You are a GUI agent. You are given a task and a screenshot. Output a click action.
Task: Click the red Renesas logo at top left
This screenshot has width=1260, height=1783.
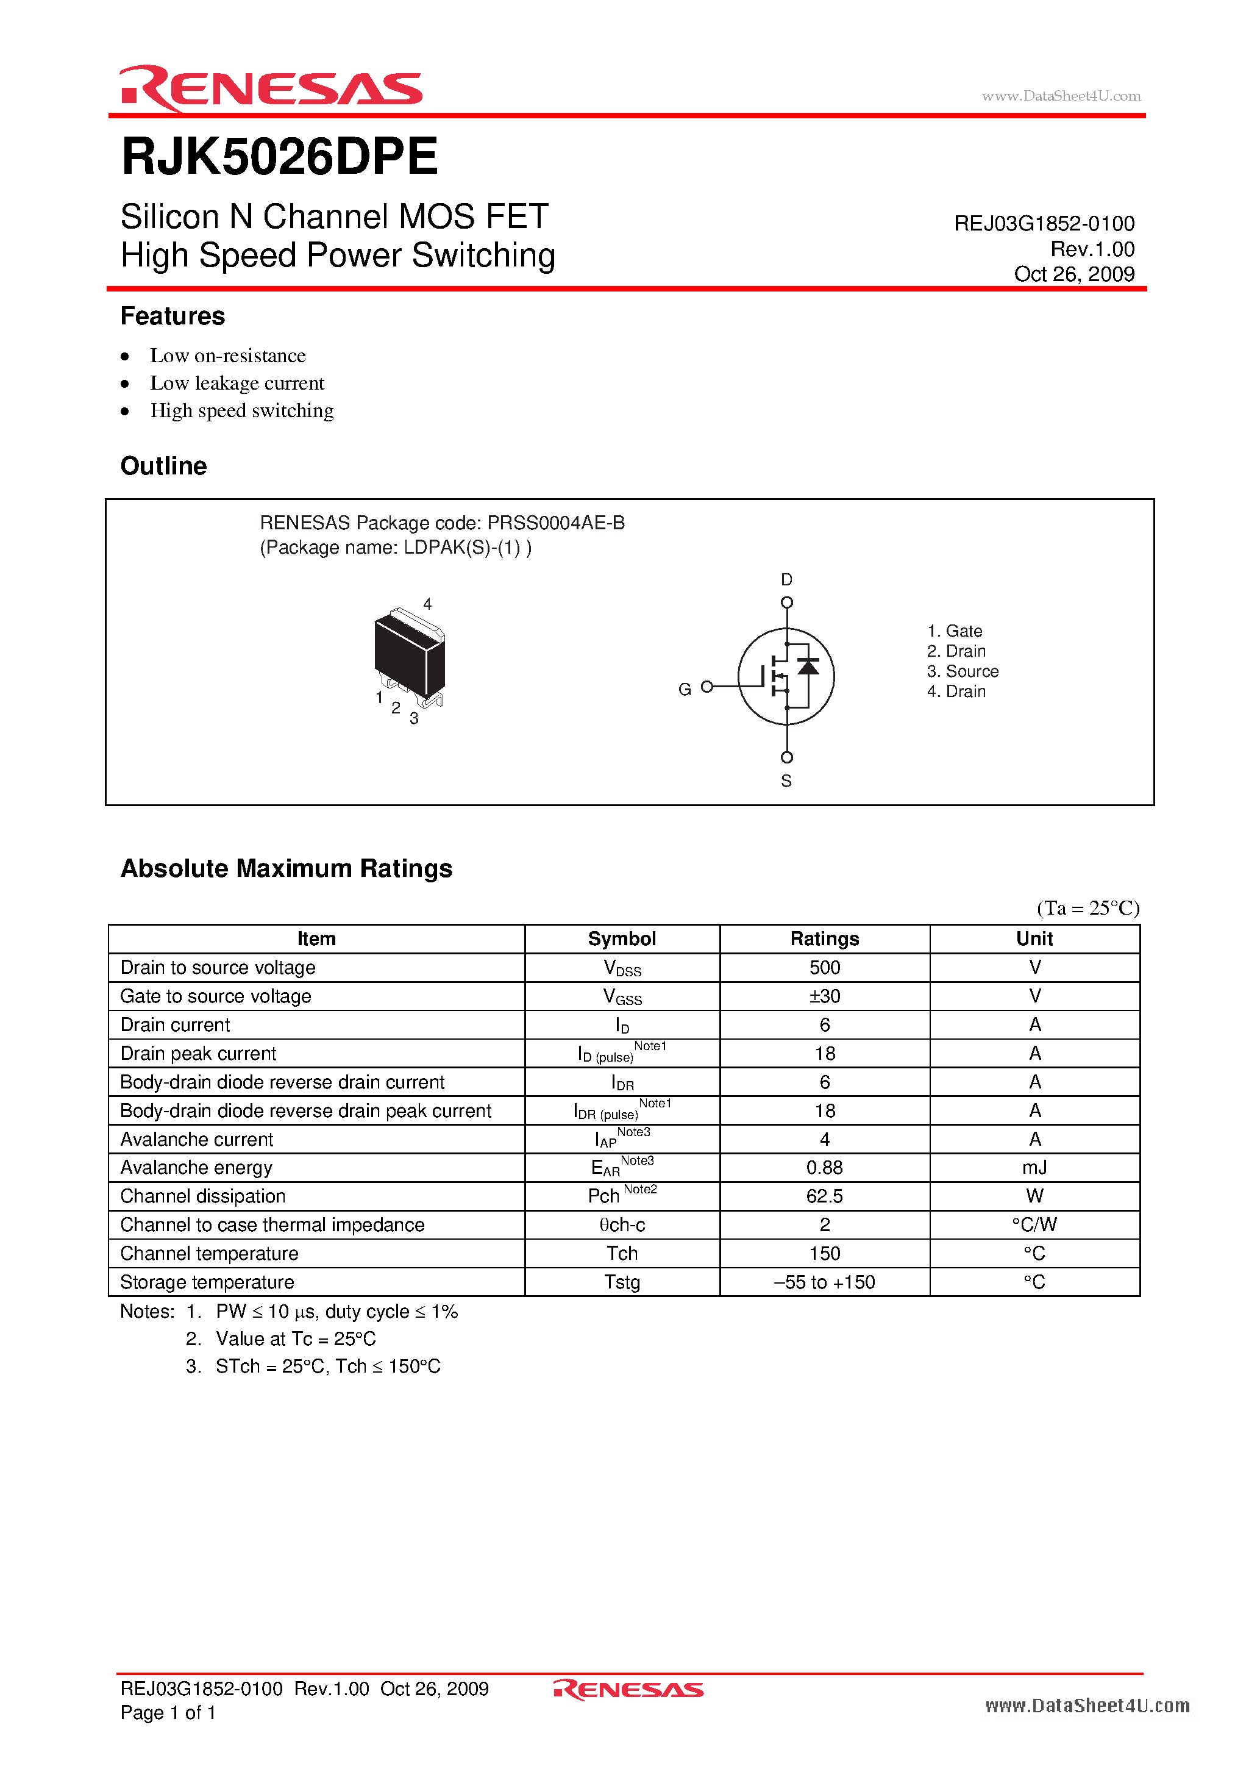(270, 88)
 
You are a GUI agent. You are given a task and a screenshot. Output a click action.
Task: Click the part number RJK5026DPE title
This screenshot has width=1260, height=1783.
(279, 157)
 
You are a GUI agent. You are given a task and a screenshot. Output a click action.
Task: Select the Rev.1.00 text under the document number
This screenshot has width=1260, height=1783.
(1092, 249)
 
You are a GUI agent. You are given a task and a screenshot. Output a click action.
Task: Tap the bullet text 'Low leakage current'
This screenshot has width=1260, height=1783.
(237, 383)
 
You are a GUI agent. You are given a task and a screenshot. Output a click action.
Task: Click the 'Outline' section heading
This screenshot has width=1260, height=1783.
(164, 466)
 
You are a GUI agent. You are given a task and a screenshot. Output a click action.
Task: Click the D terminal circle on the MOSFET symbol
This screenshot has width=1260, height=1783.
(786, 602)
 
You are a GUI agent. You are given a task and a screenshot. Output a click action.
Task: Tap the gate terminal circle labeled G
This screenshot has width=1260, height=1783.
(707, 687)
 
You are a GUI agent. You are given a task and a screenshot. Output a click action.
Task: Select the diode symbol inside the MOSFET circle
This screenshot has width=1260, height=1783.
(808, 666)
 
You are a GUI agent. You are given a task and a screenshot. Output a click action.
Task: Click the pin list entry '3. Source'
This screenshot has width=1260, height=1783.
(963, 671)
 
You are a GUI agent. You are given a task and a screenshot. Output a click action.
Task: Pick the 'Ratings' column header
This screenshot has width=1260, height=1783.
(825, 939)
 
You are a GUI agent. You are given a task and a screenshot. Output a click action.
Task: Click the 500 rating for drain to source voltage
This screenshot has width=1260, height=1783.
(825, 968)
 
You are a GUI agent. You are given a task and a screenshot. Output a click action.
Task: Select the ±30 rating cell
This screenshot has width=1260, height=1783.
(825, 996)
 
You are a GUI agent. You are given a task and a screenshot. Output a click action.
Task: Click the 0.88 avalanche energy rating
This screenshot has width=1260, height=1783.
(825, 1168)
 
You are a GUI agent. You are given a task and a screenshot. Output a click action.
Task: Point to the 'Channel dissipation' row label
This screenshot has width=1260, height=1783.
(204, 1196)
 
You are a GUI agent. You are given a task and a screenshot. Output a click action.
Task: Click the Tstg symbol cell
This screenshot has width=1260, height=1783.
(622, 1282)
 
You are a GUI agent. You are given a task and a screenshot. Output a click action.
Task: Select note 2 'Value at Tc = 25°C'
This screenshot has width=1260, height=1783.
(295, 1339)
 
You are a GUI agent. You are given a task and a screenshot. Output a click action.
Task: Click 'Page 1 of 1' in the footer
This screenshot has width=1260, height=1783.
(168, 1712)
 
